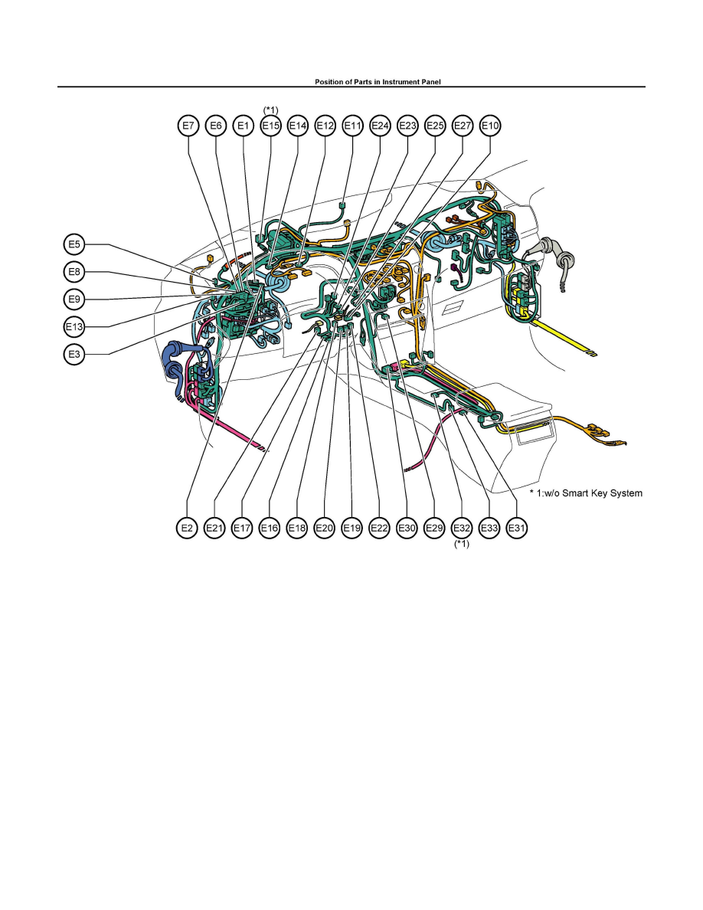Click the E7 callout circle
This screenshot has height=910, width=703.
click(188, 126)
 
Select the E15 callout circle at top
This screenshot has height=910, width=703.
click(271, 126)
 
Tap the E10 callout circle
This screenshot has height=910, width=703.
click(490, 126)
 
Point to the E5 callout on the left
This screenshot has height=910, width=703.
click(74, 244)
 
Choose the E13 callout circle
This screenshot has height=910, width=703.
click(74, 327)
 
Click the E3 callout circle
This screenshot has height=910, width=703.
click(74, 353)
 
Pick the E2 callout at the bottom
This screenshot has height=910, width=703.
click(188, 528)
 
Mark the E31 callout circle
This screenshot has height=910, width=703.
click(517, 528)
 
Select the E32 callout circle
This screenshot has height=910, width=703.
click(462, 528)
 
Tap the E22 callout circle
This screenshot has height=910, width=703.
click(379, 528)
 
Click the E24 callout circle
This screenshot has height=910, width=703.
click(380, 126)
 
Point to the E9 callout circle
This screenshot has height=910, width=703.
click(74, 300)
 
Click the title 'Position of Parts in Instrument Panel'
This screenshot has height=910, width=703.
click(378, 82)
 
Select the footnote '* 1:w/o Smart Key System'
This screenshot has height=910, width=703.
click(586, 493)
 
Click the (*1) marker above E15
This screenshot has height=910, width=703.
click(271, 110)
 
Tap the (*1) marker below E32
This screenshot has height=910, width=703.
click(462, 544)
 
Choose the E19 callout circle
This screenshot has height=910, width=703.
click(352, 528)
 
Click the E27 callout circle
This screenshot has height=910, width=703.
click(463, 126)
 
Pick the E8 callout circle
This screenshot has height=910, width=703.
click(74, 272)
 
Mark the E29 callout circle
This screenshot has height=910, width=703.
click(434, 528)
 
